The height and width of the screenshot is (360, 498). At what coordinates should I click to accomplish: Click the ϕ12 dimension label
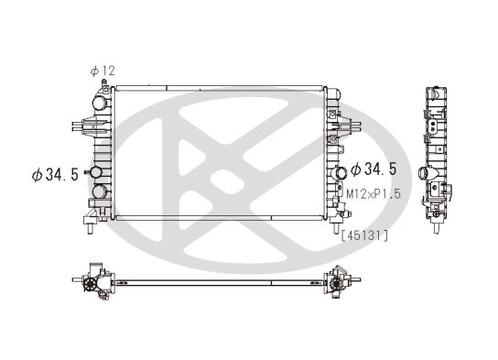[x=102, y=71]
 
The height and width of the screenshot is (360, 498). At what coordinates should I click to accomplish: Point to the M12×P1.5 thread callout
[x=373, y=194]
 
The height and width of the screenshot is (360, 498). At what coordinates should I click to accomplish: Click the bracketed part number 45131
[x=364, y=235]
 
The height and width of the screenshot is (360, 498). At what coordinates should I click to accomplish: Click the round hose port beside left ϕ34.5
[x=94, y=173]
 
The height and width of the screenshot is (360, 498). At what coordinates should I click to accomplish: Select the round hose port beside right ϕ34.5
[x=341, y=171]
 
